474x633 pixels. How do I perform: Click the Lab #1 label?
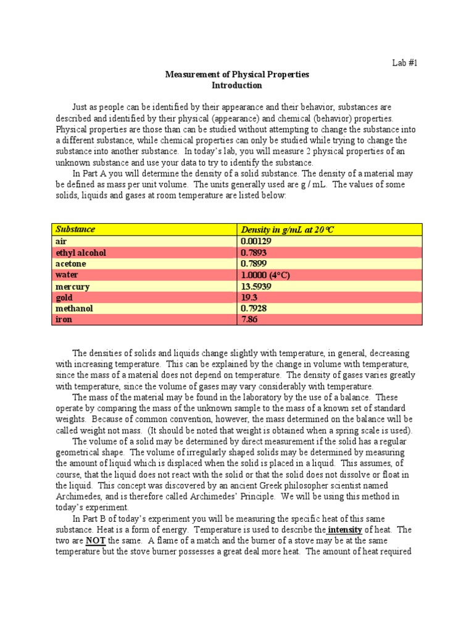405,62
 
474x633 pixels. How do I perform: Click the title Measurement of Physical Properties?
237,74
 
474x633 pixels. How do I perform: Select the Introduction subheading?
237,85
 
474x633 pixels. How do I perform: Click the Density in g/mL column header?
287,230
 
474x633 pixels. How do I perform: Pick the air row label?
61,241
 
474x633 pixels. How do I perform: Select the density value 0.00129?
256,241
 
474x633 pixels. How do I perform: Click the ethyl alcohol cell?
81,252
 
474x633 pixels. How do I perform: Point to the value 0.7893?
254,252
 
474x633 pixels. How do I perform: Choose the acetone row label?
71,263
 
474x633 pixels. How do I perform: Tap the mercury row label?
72,286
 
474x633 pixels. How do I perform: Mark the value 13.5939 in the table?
256,286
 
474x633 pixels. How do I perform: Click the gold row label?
64,297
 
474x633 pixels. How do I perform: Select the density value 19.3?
248,297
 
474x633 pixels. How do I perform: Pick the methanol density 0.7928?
254,308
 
